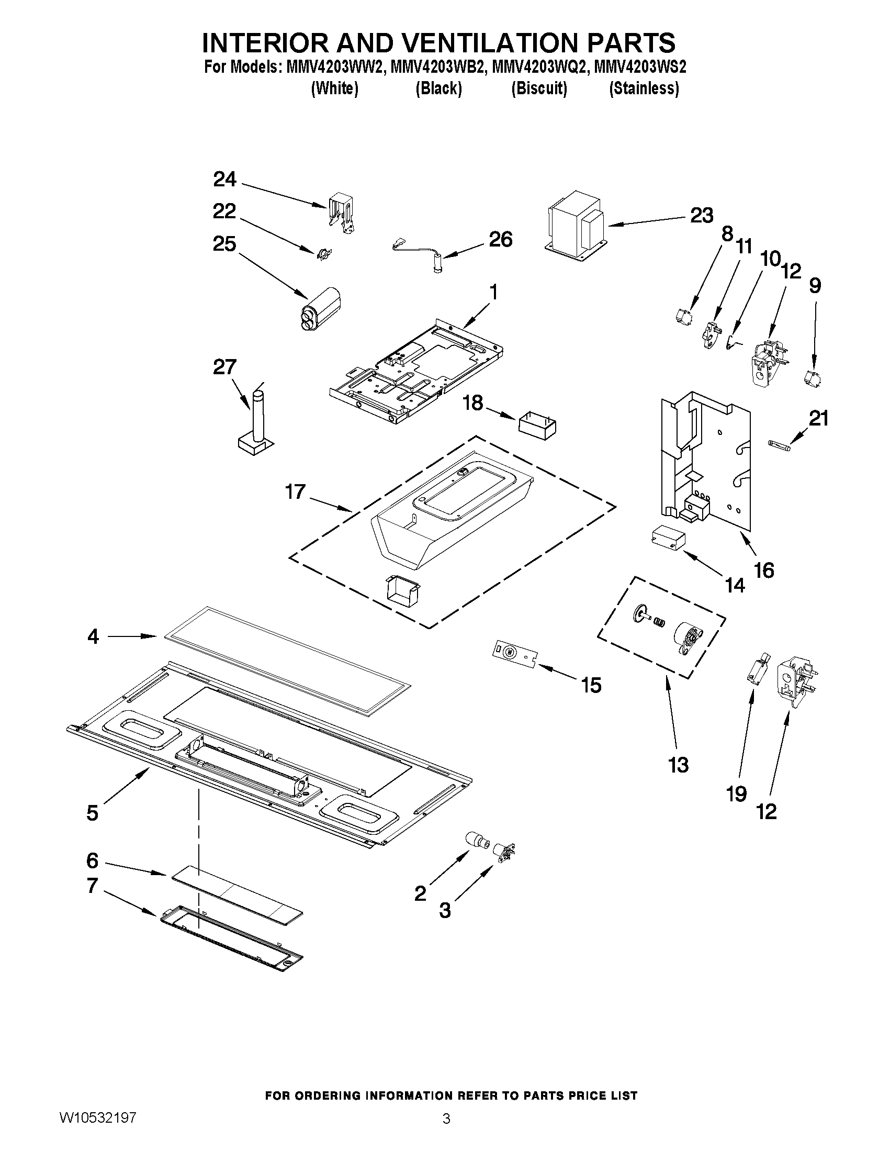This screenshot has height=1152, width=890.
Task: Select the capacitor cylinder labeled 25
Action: point(321,308)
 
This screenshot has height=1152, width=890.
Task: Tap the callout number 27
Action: point(224,367)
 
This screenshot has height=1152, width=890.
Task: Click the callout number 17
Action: point(295,491)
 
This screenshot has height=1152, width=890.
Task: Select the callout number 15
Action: point(591,685)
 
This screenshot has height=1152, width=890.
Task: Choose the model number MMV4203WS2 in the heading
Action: point(639,68)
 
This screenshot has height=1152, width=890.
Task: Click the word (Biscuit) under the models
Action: point(539,88)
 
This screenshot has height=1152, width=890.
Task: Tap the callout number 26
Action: point(500,240)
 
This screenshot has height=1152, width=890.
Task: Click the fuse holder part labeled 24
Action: point(341,214)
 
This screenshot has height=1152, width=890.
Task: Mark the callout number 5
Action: point(93,813)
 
